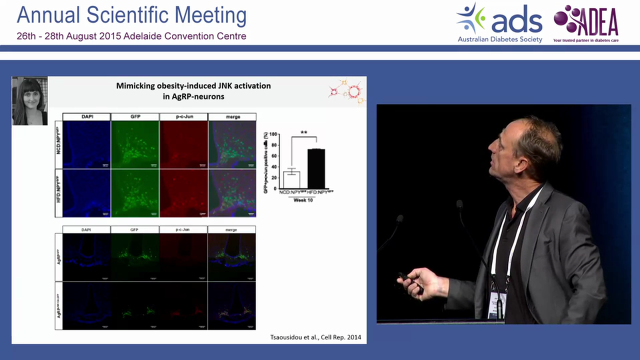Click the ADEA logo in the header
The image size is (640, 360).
(586, 22)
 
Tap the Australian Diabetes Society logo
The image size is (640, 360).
(499, 23)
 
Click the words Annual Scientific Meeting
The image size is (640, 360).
(131, 15)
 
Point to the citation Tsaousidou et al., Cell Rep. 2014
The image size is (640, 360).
(312, 337)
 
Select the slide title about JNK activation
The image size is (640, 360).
(193, 91)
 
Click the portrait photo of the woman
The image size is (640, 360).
(29, 101)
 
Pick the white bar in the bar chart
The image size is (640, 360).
(291, 179)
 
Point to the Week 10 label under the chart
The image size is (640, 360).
(303, 200)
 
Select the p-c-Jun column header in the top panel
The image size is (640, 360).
(183, 117)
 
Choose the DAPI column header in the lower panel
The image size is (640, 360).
(86, 229)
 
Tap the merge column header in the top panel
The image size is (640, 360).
(232, 117)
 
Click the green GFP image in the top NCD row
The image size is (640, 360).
(134, 144)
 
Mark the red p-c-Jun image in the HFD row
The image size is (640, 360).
(183, 193)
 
